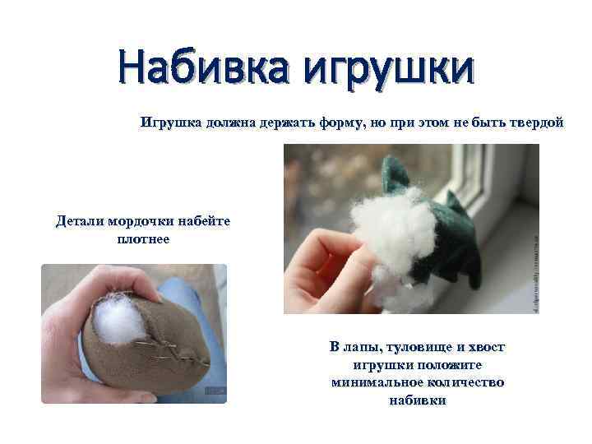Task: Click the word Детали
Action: tap(78, 221)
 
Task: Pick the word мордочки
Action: tap(141, 221)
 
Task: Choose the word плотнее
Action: tap(138, 239)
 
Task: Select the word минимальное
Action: tap(373, 383)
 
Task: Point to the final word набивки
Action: tap(417, 400)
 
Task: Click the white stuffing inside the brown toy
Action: tap(118, 321)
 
